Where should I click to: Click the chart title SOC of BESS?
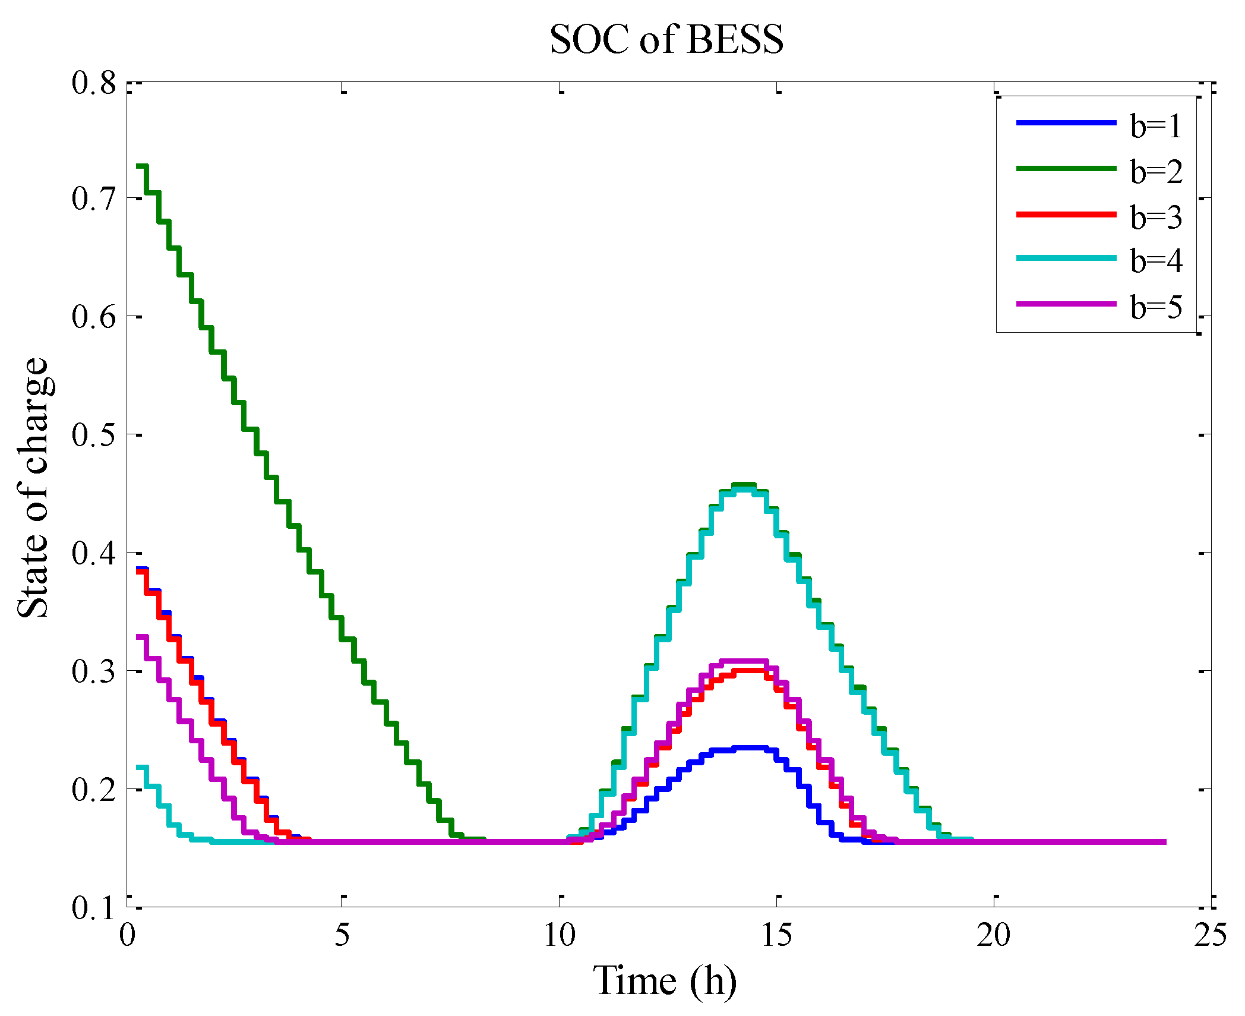point(666,40)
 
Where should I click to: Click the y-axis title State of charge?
point(33,488)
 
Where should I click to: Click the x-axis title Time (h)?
point(665,980)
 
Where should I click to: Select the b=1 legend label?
point(1156,126)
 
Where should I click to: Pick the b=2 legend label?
point(1156,172)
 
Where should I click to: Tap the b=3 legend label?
point(1156,217)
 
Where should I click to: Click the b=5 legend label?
point(1156,307)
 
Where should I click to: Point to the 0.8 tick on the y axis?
point(94,83)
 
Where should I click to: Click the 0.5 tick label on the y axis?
point(94,435)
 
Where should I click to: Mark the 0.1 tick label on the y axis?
point(94,907)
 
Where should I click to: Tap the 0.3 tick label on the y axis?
point(94,671)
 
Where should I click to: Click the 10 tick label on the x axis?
point(560,936)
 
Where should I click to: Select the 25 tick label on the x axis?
point(1211,936)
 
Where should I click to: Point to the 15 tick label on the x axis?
point(777,936)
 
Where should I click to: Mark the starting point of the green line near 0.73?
point(141,166)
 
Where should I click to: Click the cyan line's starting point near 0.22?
point(141,768)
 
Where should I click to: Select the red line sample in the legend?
point(1066,214)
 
